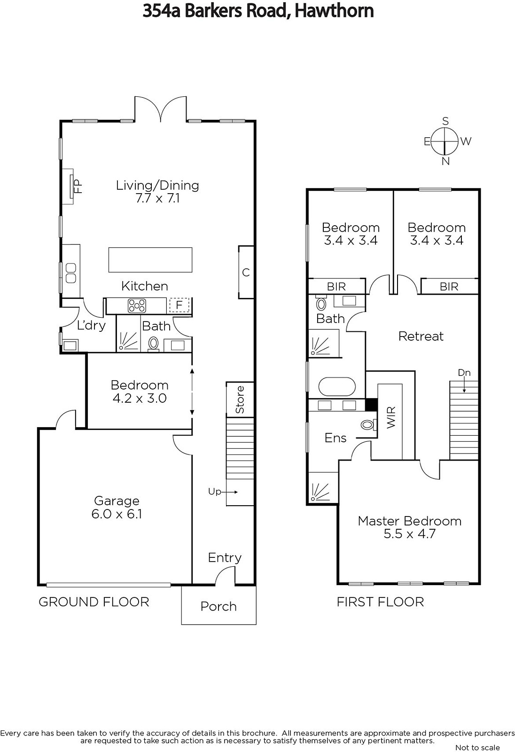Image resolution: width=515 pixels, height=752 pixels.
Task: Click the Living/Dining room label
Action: [x=157, y=185]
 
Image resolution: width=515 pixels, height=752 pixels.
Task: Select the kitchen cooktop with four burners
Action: [x=137, y=306]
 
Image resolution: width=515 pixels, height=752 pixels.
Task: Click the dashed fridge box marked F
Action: [x=179, y=305]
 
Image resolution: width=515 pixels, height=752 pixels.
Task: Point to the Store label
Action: [x=240, y=399]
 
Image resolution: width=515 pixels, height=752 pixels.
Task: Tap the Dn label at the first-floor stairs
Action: [x=464, y=373]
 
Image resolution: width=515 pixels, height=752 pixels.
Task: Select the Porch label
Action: [x=218, y=607]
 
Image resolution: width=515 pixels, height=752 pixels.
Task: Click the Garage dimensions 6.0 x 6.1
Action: [x=117, y=514]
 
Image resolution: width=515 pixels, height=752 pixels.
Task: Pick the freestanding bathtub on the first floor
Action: [x=337, y=387]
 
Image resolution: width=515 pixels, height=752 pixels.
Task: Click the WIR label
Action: [x=391, y=417]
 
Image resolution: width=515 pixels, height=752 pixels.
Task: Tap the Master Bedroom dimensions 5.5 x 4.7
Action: [x=410, y=534]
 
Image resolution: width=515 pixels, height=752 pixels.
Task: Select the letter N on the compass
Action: [x=445, y=162]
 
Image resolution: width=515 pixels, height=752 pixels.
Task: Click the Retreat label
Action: [x=421, y=336]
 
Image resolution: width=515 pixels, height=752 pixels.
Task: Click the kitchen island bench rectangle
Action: [x=150, y=260]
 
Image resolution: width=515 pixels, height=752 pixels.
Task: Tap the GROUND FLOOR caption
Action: [x=94, y=602]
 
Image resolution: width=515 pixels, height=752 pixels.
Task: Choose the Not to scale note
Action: [x=477, y=747]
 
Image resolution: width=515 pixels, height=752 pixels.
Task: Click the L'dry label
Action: [x=91, y=325]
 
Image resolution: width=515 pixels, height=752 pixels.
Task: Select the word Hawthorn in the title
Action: [x=334, y=11]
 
